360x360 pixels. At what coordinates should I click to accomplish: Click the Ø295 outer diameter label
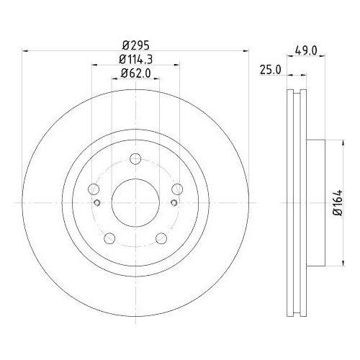tap(136, 44)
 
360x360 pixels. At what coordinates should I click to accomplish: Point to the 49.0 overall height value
tap(307, 50)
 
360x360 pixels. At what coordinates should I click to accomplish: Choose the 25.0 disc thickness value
tap(271, 70)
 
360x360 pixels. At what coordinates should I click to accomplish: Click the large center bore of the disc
tap(135, 203)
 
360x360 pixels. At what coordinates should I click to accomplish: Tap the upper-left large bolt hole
tap(94, 190)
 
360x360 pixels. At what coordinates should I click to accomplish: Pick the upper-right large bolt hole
tap(177, 190)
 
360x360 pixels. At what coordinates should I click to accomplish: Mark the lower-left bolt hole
tap(109, 238)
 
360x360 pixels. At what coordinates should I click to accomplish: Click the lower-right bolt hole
tap(161, 238)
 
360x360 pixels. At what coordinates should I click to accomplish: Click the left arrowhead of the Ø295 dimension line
tap(26, 50)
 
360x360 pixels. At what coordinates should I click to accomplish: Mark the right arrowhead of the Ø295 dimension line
tap(246, 50)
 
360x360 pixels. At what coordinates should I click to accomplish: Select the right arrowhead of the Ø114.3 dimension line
tap(177, 65)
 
